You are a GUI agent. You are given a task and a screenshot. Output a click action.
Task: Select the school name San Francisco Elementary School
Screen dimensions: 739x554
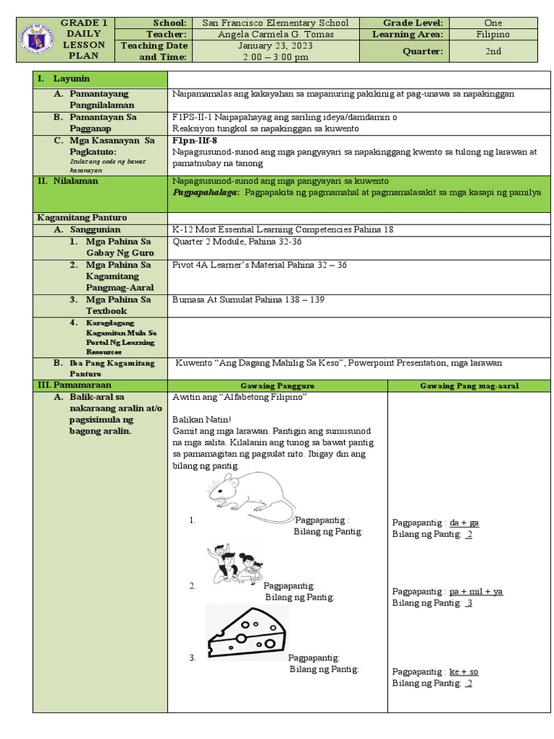coord(275,23)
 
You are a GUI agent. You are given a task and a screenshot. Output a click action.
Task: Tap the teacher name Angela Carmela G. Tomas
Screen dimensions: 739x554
coord(275,34)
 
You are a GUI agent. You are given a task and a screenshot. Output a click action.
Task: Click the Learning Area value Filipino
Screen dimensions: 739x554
coord(493,34)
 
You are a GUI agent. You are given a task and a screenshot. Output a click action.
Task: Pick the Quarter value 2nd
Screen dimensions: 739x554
coord(493,51)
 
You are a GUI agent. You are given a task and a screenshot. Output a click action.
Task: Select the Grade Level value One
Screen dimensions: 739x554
coord(493,23)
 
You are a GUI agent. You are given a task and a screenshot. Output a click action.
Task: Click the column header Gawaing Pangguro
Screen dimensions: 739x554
coord(277,386)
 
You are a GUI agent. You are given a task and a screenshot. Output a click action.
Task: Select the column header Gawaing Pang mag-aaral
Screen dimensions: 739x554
coord(469,386)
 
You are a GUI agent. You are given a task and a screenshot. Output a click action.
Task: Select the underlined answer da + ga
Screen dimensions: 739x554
coord(464,522)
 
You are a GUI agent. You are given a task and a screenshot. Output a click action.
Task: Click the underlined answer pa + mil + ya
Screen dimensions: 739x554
coord(476,592)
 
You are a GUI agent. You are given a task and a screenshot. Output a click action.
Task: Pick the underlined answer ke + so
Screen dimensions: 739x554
coord(464,672)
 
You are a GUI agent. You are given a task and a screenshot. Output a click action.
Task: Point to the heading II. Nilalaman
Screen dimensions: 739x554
coord(68,181)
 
